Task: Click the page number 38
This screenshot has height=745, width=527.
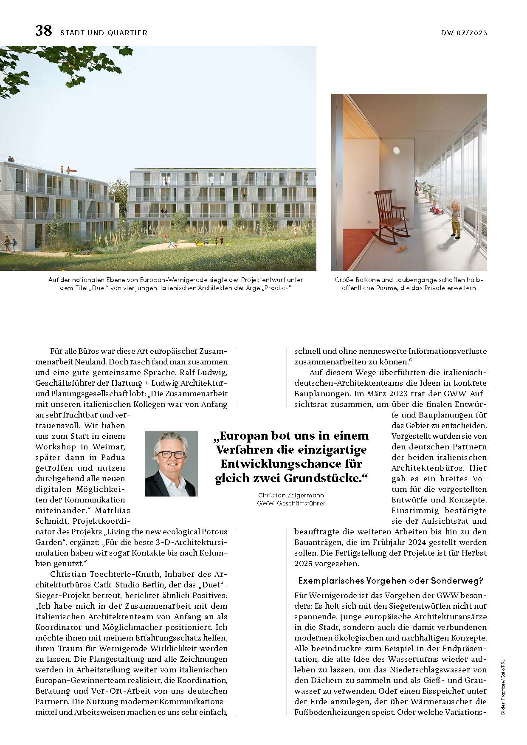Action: point(43,31)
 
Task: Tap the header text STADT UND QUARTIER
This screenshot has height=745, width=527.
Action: point(104,33)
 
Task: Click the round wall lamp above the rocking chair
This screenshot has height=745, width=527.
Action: point(397,150)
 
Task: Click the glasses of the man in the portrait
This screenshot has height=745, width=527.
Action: point(172,454)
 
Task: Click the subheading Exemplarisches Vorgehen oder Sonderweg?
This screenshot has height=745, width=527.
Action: point(391,581)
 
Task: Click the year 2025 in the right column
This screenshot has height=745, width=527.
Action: point(305,564)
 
